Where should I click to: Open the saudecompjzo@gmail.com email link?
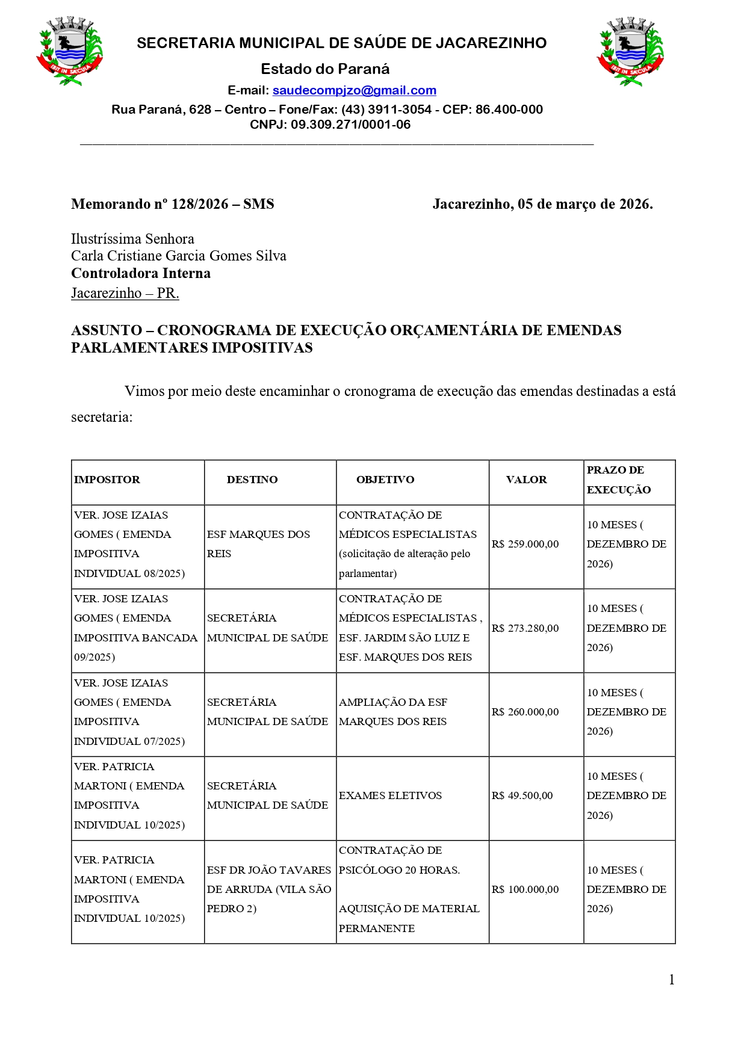(x=354, y=90)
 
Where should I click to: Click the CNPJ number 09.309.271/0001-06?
(x=350, y=125)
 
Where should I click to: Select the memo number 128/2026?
(x=200, y=204)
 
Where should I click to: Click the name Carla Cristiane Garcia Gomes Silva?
(x=179, y=256)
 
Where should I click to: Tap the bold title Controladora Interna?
(x=141, y=273)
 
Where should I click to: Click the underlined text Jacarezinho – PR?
(x=125, y=293)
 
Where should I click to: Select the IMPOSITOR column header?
(x=107, y=480)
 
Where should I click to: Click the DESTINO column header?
(x=252, y=480)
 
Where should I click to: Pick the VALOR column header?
(x=526, y=480)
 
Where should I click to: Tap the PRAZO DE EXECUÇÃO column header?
(x=618, y=480)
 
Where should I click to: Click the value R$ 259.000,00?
(x=525, y=544)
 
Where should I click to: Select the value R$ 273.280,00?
(x=525, y=628)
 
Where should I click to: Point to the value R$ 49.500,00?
(x=522, y=795)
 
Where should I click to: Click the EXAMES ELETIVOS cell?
(x=390, y=795)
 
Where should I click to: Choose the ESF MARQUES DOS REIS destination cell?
(x=258, y=544)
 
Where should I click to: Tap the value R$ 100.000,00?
(x=525, y=889)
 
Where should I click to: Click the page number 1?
(x=671, y=980)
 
